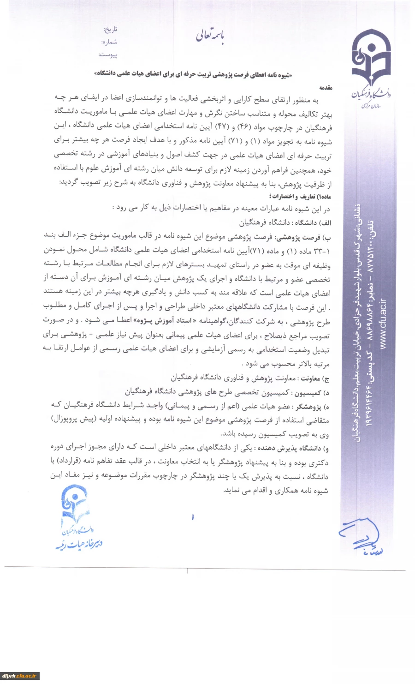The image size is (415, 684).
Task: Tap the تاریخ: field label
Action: pos(111,30)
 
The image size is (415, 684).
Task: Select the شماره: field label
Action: pos(110,42)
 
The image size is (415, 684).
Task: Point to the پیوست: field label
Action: pos(108,54)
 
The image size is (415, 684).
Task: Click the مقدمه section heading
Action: pos(326,88)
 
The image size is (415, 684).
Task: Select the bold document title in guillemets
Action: pos(194,74)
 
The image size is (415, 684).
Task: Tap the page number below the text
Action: pos(192,517)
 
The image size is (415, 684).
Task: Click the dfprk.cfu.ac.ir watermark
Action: pos(19,676)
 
